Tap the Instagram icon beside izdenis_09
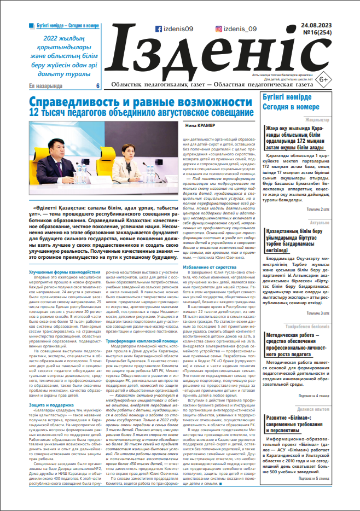point(219,30)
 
